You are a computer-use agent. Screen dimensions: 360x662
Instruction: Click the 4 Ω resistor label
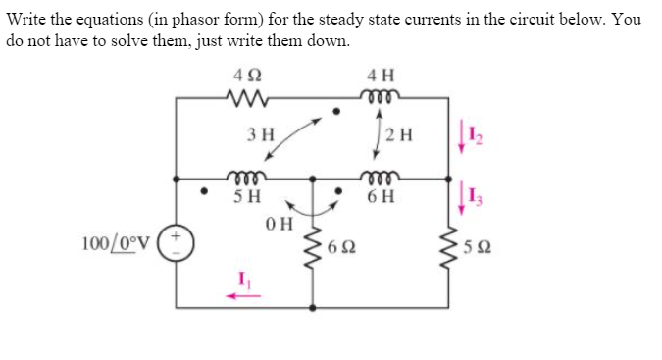[241, 76]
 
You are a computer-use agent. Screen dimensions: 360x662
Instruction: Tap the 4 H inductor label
[379, 76]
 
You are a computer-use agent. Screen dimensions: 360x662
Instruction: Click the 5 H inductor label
[246, 194]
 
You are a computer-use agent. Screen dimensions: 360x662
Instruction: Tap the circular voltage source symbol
[178, 240]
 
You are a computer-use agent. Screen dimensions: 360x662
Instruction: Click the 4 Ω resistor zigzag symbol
[241, 97]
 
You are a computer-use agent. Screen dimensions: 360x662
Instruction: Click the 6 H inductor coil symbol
[380, 178]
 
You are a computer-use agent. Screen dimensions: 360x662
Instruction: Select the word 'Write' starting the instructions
[28, 20]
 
